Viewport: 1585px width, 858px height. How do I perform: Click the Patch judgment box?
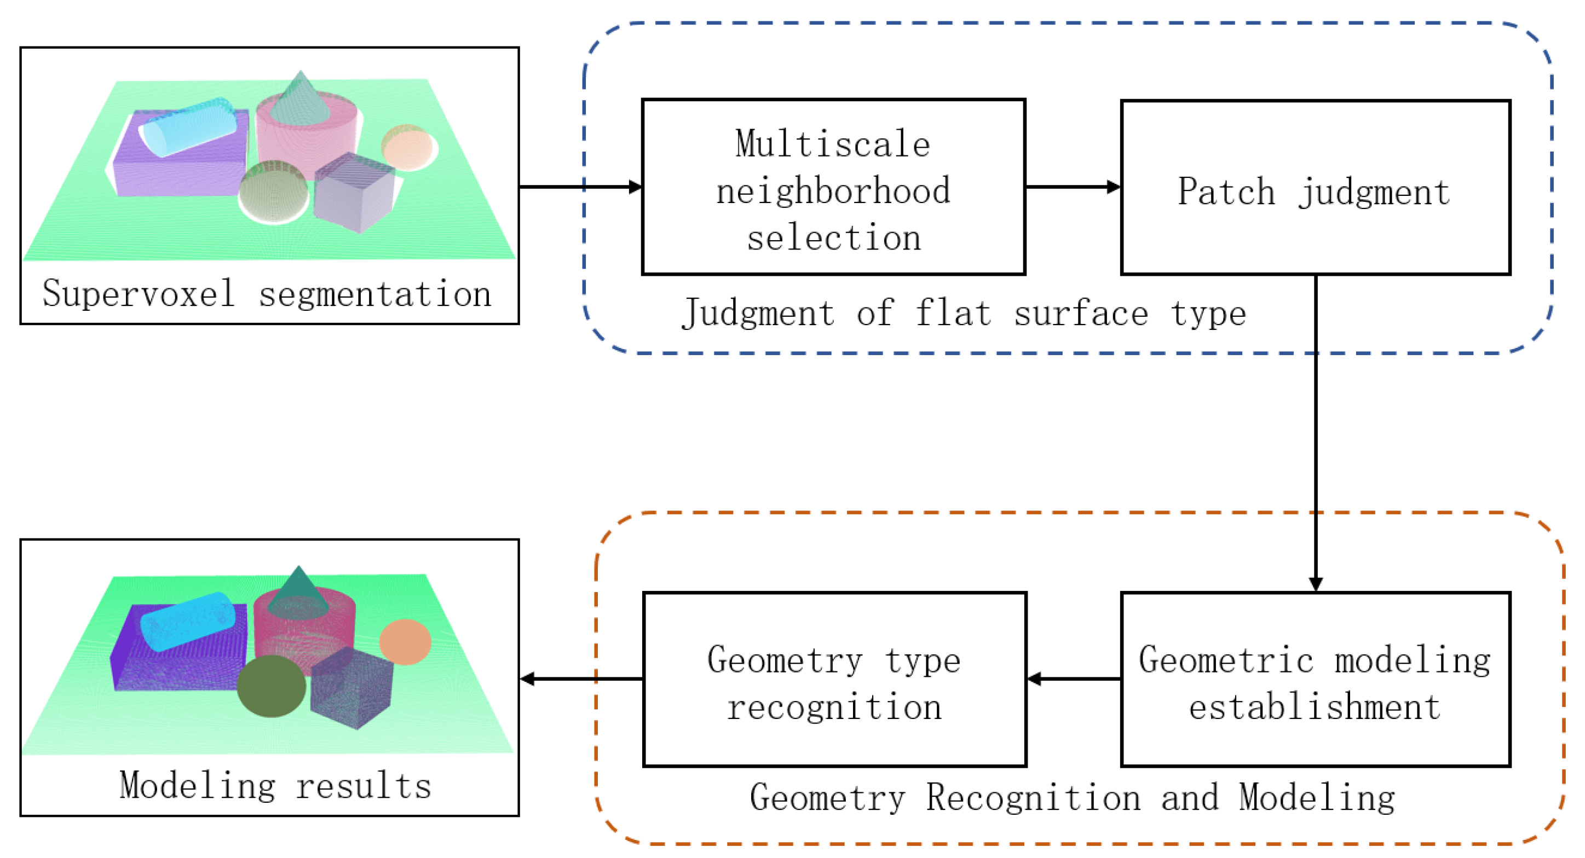[1315, 188]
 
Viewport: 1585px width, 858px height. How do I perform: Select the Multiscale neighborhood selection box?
[833, 188]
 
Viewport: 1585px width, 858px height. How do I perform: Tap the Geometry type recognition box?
[834, 679]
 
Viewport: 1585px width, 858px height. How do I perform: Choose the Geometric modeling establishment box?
[1315, 679]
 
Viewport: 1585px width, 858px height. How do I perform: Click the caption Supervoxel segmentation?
[268, 294]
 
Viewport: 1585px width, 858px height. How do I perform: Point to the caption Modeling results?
[275, 786]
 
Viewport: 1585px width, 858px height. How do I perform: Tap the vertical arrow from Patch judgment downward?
[1315, 431]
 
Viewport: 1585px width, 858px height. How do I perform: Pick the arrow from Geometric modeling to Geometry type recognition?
[1073, 679]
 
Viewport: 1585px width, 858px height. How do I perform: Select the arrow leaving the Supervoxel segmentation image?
[580, 187]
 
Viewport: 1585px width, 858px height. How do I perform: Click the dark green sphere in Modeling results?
[272, 686]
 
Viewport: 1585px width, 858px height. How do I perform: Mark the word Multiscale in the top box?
[833, 144]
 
